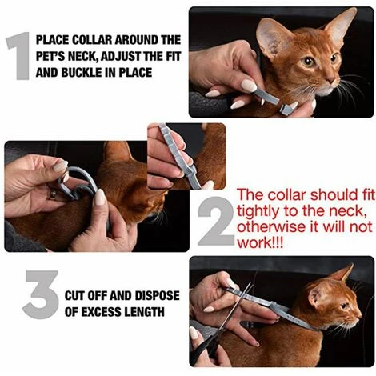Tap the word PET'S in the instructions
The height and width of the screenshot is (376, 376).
(63, 55)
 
